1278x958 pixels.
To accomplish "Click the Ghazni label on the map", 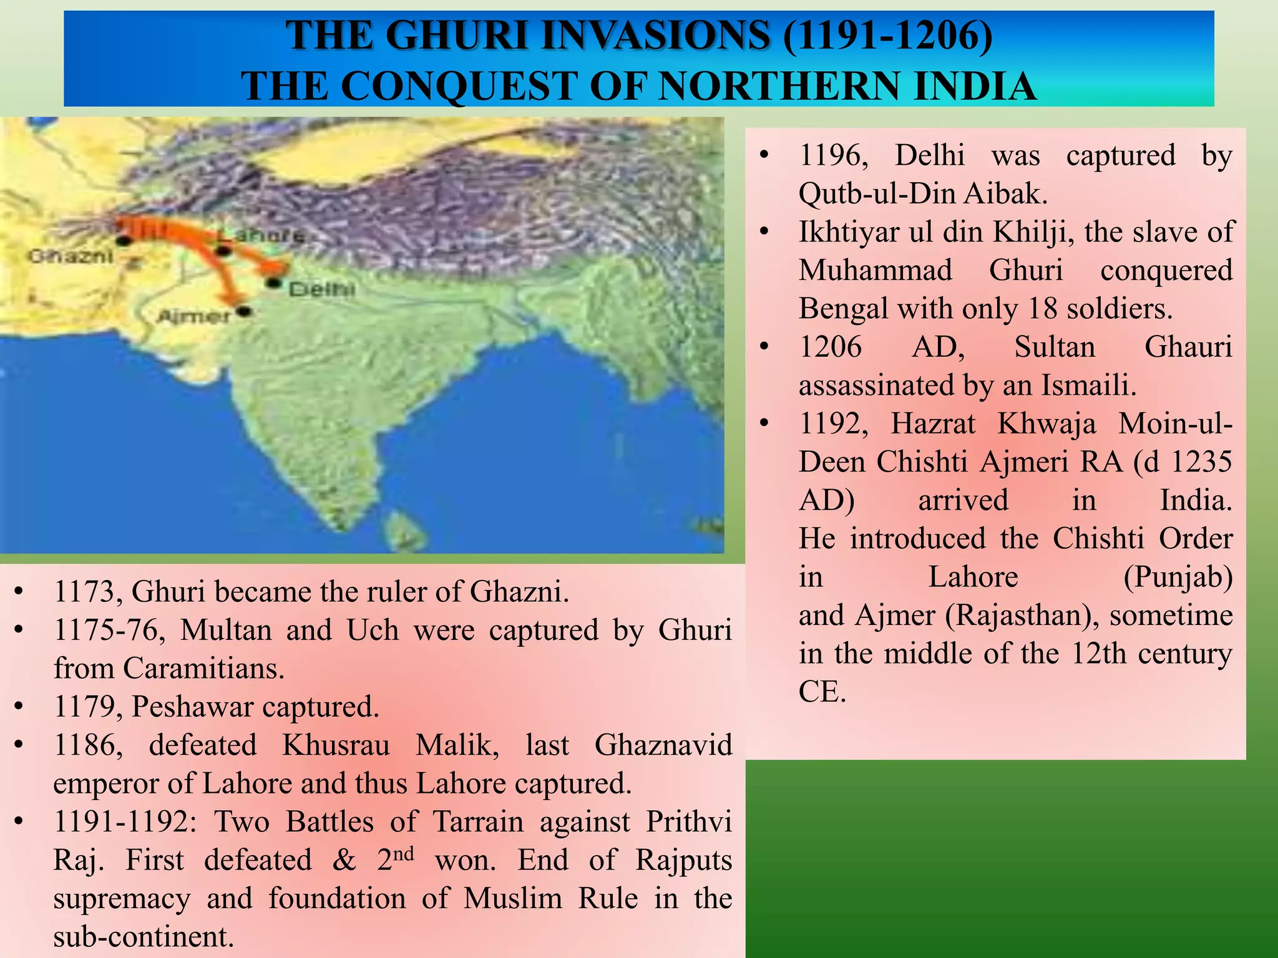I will [71, 256].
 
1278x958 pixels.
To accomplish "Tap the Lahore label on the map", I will [262, 236].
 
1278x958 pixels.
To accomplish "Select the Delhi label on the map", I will [322, 289].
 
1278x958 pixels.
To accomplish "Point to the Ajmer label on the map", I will [194, 317].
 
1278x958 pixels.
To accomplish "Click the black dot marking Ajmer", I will [244, 311].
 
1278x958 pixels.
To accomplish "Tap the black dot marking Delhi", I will [273, 283].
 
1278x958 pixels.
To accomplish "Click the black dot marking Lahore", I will [223, 251].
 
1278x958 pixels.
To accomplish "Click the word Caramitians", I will [203, 669].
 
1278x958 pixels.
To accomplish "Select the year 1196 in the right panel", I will [833, 155].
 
